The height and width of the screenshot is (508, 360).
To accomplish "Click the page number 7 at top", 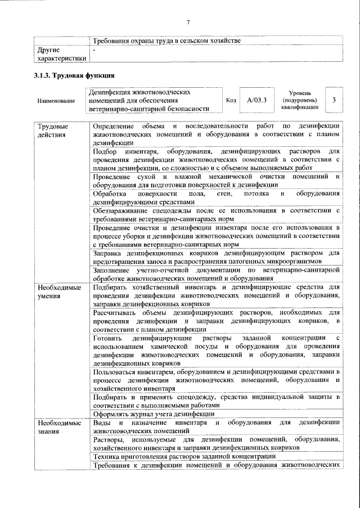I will click(x=188, y=22).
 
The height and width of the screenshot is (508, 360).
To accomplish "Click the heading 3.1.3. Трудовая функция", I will click(x=74, y=76).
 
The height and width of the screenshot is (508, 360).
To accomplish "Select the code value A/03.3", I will click(x=256, y=100).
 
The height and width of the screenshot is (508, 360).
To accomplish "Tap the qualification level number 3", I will click(x=334, y=100).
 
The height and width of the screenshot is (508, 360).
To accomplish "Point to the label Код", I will click(x=231, y=100).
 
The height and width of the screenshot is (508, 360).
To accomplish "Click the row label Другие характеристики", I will click(x=61, y=54).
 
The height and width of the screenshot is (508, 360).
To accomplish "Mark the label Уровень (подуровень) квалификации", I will click(x=304, y=100).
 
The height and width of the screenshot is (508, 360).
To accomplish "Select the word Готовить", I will click(x=108, y=338).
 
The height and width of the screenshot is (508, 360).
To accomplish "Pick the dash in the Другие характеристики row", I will click(x=94, y=51).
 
